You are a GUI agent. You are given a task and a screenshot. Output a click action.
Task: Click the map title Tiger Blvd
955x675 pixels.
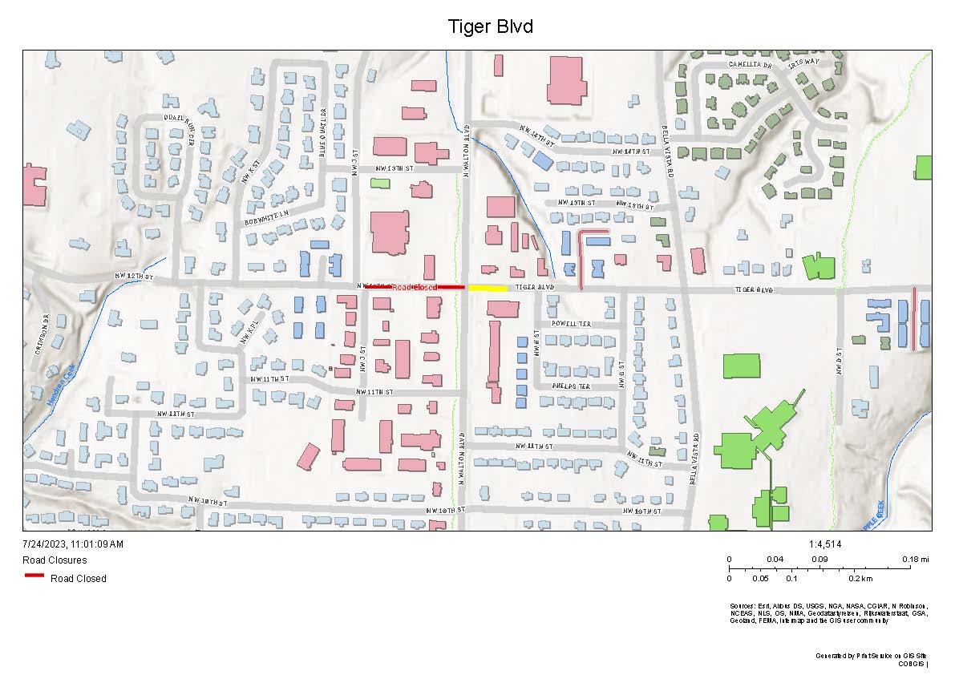[491, 26]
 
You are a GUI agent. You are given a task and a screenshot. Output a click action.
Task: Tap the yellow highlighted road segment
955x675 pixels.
[488, 288]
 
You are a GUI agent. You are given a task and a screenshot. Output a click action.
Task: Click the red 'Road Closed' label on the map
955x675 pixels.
[415, 287]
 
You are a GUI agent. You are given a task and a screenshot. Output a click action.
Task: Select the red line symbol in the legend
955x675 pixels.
[34, 576]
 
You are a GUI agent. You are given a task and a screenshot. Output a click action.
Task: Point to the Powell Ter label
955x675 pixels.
[571, 324]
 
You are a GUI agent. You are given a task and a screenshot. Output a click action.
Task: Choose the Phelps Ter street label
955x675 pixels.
[571, 386]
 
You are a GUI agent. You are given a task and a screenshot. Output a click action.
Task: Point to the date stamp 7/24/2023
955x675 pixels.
[73, 544]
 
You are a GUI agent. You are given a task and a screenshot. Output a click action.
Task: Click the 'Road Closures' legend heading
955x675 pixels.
[55, 560]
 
